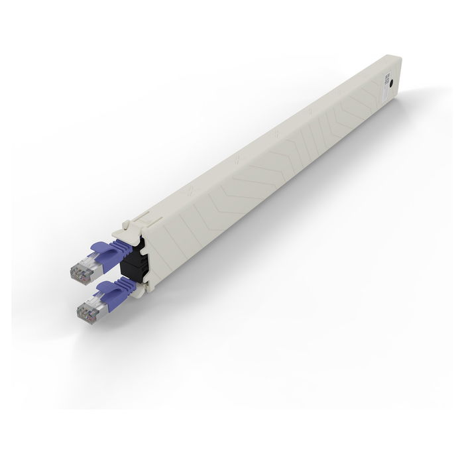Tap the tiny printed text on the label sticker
(x=387, y=79)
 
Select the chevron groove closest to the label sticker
(x=371, y=93)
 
